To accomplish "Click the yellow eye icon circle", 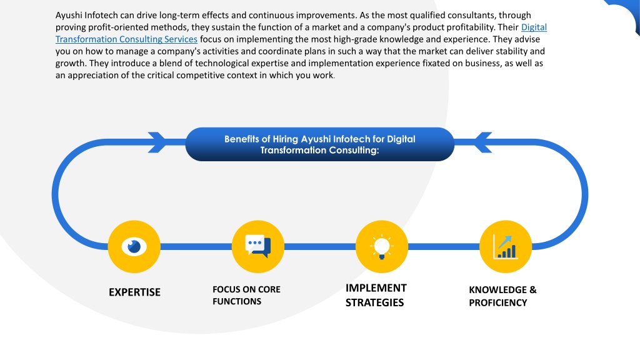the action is point(134,246).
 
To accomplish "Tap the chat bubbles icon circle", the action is point(258,246).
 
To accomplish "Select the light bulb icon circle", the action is point(382,246).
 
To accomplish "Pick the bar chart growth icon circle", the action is point(506,246).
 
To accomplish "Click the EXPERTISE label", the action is point(135,292).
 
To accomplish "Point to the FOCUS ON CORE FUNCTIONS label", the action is point(246,295).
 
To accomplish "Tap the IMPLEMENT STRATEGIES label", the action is point(376,295).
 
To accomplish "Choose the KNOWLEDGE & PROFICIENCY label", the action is point(502,296).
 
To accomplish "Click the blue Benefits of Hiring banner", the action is point(319,144).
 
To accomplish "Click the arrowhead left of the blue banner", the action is point(157,142).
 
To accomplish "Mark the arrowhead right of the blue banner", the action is point(482,142).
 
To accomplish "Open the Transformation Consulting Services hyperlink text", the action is point(126,39).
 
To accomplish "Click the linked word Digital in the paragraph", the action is point(534,27).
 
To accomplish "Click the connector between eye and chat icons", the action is point(196,246).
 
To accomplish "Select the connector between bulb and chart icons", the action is point(444,246).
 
